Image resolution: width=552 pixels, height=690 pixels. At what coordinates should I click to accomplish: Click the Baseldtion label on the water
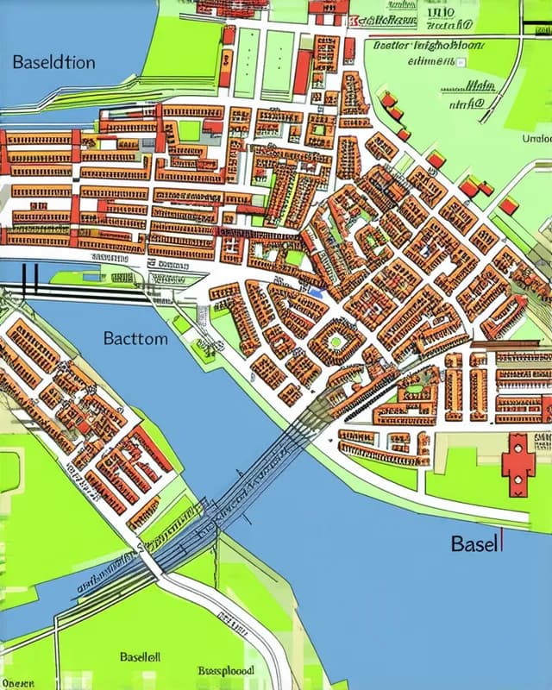[53, 62]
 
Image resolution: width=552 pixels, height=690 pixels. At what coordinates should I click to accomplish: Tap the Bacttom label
[135, 338]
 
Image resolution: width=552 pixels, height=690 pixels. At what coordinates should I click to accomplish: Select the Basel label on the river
[474, 544]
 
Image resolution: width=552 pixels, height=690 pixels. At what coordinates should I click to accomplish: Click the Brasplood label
[226, 669]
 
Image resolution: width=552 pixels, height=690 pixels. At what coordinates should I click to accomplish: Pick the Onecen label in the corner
[17, 683]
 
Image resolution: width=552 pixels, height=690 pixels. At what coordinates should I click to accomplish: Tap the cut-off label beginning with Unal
[536, 138]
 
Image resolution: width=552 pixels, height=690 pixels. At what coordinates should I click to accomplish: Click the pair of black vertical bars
[31, 278]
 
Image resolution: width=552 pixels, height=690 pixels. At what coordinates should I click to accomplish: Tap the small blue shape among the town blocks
[316, 292]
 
